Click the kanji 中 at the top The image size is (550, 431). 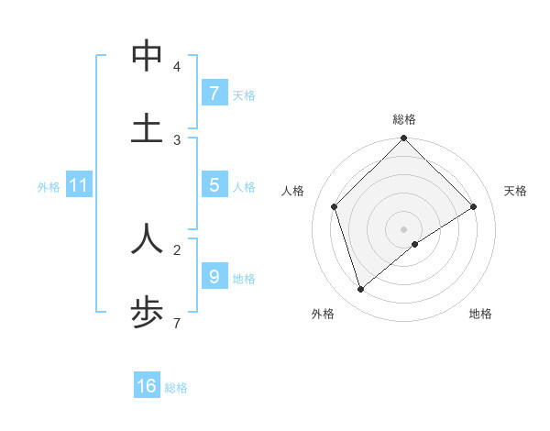(x=147, y=56)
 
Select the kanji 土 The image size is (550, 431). (x=147, y=127)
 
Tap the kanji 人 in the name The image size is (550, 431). (x=147, y=238)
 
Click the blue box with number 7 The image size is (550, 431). (x=214, y=94)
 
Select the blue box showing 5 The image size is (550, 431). (x=214, y=185)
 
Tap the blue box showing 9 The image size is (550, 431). (x=214, y=276)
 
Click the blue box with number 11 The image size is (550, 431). (x=78, y=186)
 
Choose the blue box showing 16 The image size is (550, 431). (x=147, y=386)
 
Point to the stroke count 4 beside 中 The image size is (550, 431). (x=177, y=67)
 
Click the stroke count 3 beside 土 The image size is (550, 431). (x=177, y=139)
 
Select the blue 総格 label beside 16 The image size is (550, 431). (x=176, y=388)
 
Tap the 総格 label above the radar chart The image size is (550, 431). (x=403, y=119)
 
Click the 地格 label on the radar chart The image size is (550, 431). (x=480, y=314)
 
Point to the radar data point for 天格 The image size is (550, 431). (x=474, y=206)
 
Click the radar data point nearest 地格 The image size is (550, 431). (x=415, y=244)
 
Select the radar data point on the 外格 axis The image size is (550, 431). (x=361, y=290)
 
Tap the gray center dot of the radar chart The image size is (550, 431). (x=403, y=228)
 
